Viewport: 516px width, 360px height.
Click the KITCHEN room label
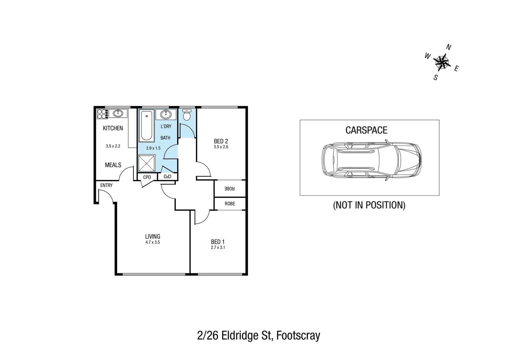click(x=113, y=128)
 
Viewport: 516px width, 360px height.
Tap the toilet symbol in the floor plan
click(x=187, y=115)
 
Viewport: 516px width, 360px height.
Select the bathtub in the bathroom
click(x=146, y=126)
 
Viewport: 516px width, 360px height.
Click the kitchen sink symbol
click(x=118, y=113)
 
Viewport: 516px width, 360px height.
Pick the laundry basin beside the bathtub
click(x=166, y=114)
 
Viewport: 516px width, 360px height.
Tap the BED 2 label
click(x=221, y=141)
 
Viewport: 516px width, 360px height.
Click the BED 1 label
click(x=217, y=242)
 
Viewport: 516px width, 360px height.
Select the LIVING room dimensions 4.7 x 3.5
click(x=152, y=242)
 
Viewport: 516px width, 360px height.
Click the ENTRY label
click(x=106, y=185)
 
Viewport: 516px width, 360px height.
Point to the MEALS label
click(x=113, y=165)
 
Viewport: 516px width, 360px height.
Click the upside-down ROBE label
click(x=229, y=189)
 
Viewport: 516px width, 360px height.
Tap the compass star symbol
click(x=442, y=62)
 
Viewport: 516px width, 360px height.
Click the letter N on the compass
click(x=449, y=47)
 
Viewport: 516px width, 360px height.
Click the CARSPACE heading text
click(x=366, y=130)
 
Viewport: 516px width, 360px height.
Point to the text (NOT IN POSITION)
click(x=369, y=205)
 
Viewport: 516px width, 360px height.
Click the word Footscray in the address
click(x=298, y=335)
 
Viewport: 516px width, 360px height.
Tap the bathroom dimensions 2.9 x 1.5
click(x=153, y=148)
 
